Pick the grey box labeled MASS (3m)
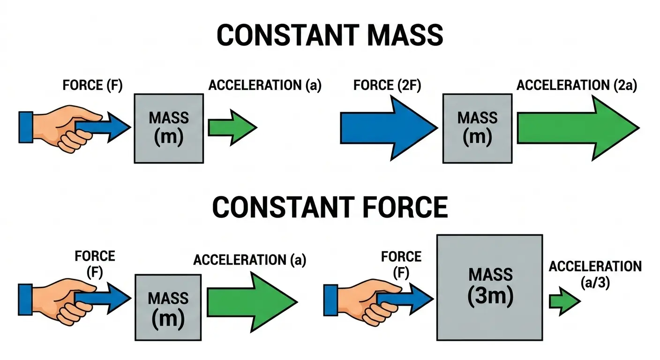pos(489,287)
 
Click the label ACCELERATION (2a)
pos(577,86)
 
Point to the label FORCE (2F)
pos(387,86)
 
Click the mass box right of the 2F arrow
pos(477,128)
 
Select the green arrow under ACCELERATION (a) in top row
pos(232,127)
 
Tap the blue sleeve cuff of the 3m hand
pos(330,300)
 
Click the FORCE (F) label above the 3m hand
pos(401,263)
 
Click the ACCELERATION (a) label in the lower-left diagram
pos(249,260)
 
